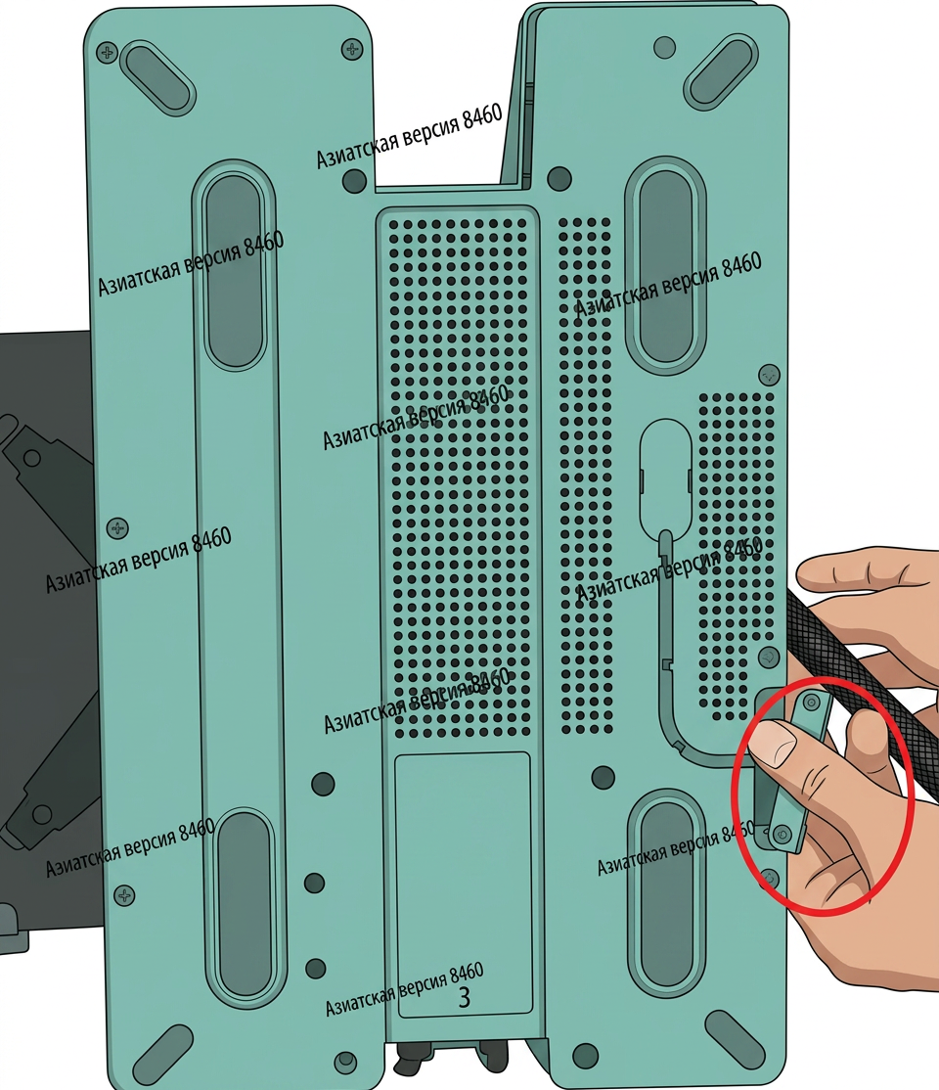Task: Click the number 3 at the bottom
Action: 465,997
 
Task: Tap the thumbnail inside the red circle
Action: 774,743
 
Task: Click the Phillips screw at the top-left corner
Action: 107,52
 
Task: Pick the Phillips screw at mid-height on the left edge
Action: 117,528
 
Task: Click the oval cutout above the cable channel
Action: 664,478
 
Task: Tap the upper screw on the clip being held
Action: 811,703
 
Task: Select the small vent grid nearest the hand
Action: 737,556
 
